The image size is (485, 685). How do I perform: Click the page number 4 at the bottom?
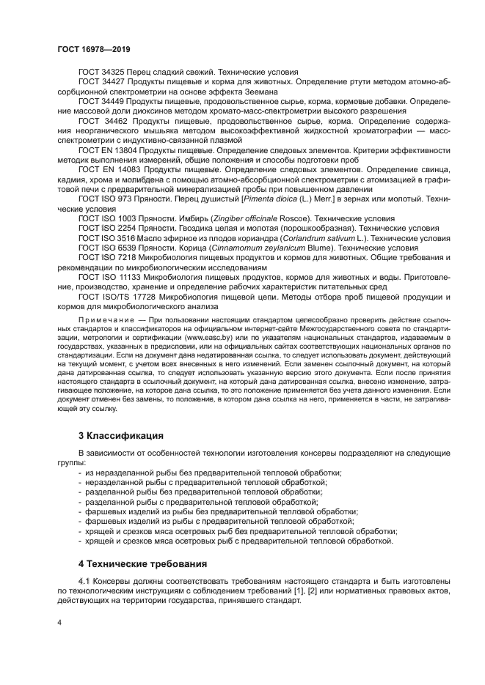[59, 621]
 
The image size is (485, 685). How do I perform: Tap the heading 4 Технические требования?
[139, 564]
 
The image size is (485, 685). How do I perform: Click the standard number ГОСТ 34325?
[102, 73]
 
